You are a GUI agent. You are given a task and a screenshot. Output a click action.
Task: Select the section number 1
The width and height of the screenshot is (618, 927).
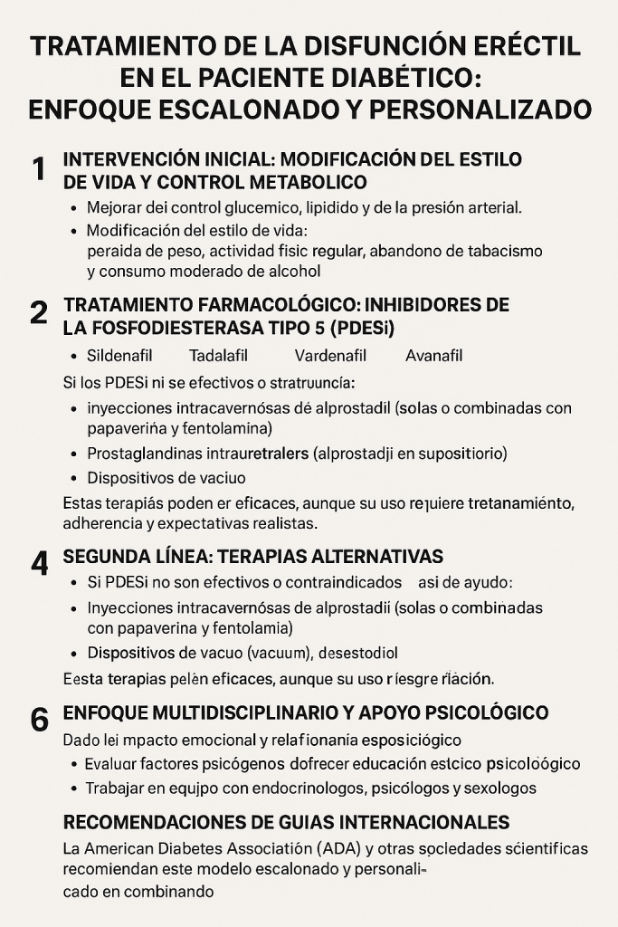tap(38, 169)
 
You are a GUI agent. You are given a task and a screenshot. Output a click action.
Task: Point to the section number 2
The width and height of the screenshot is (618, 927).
tap(38, 312)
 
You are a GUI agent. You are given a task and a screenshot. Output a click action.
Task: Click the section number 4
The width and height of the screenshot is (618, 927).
tap(38, 563)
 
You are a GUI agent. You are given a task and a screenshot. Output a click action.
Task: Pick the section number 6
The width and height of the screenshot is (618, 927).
tap(39, 720)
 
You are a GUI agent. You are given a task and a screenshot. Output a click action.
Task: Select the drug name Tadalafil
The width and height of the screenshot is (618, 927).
tap(218, 356)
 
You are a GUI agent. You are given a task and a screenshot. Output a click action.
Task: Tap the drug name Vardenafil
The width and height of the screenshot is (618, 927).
tap(328, 356)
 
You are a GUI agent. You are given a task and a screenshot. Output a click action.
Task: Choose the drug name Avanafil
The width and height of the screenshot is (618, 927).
tap(434, 356)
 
